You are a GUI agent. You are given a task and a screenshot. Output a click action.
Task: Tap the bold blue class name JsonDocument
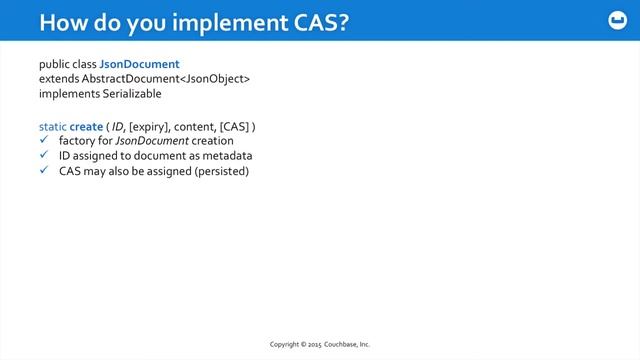pos(139,64)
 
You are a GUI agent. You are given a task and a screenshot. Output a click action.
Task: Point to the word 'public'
pos(56,64)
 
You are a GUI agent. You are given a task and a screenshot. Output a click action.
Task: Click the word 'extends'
pos(59,78)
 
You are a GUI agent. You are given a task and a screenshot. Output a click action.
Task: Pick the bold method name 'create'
pos(86,127)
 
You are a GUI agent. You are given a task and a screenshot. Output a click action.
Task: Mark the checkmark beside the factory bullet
pos(43,142)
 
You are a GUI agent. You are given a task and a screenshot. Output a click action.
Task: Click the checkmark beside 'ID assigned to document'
pos(43,156)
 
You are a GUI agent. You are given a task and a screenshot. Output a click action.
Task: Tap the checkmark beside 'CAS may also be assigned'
pos(43,171)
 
